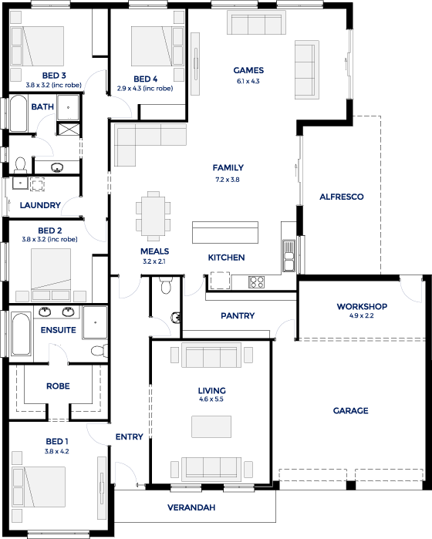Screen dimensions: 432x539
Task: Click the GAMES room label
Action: [248, 70]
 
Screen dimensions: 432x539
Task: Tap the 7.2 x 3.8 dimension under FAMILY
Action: [228, 180]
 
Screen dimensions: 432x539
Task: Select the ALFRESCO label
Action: [342, 197]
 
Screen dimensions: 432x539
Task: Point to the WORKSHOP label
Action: [362, 306]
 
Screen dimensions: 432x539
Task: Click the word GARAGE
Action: [350, 410]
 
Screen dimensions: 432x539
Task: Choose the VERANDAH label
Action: [191, 507]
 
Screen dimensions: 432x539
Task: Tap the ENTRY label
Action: [129, 436]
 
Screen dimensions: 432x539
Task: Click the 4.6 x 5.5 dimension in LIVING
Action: [211, 399]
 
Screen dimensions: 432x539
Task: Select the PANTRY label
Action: [238, 315]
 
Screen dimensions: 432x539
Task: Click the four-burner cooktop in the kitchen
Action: [257, 282]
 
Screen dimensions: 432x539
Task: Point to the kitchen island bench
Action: [225, 232]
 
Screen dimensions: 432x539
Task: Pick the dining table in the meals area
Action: [153, 216]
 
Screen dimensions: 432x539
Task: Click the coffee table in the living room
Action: [211, 426]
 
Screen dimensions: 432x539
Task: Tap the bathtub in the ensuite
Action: [21, 333]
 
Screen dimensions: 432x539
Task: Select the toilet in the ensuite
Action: [100, 351]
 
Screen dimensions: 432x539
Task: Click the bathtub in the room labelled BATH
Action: [18, 113]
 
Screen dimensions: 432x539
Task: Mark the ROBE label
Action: [58, 386]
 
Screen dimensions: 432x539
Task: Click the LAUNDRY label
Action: [40, 205]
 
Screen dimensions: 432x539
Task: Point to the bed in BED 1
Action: [39, 487]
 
